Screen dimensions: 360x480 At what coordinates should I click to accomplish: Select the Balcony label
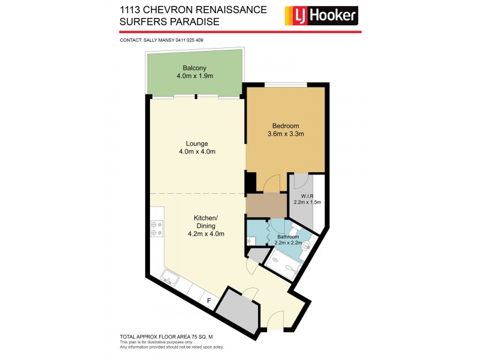[194, 68]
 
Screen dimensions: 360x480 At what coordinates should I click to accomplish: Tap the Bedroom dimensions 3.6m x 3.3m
[286, 134]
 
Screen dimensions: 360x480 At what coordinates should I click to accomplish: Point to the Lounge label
[197, 143]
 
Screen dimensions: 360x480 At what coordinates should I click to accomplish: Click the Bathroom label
[287, 236]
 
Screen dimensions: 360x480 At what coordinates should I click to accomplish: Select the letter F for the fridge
[209, 300]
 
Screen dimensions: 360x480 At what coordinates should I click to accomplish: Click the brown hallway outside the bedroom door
[266, 205]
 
